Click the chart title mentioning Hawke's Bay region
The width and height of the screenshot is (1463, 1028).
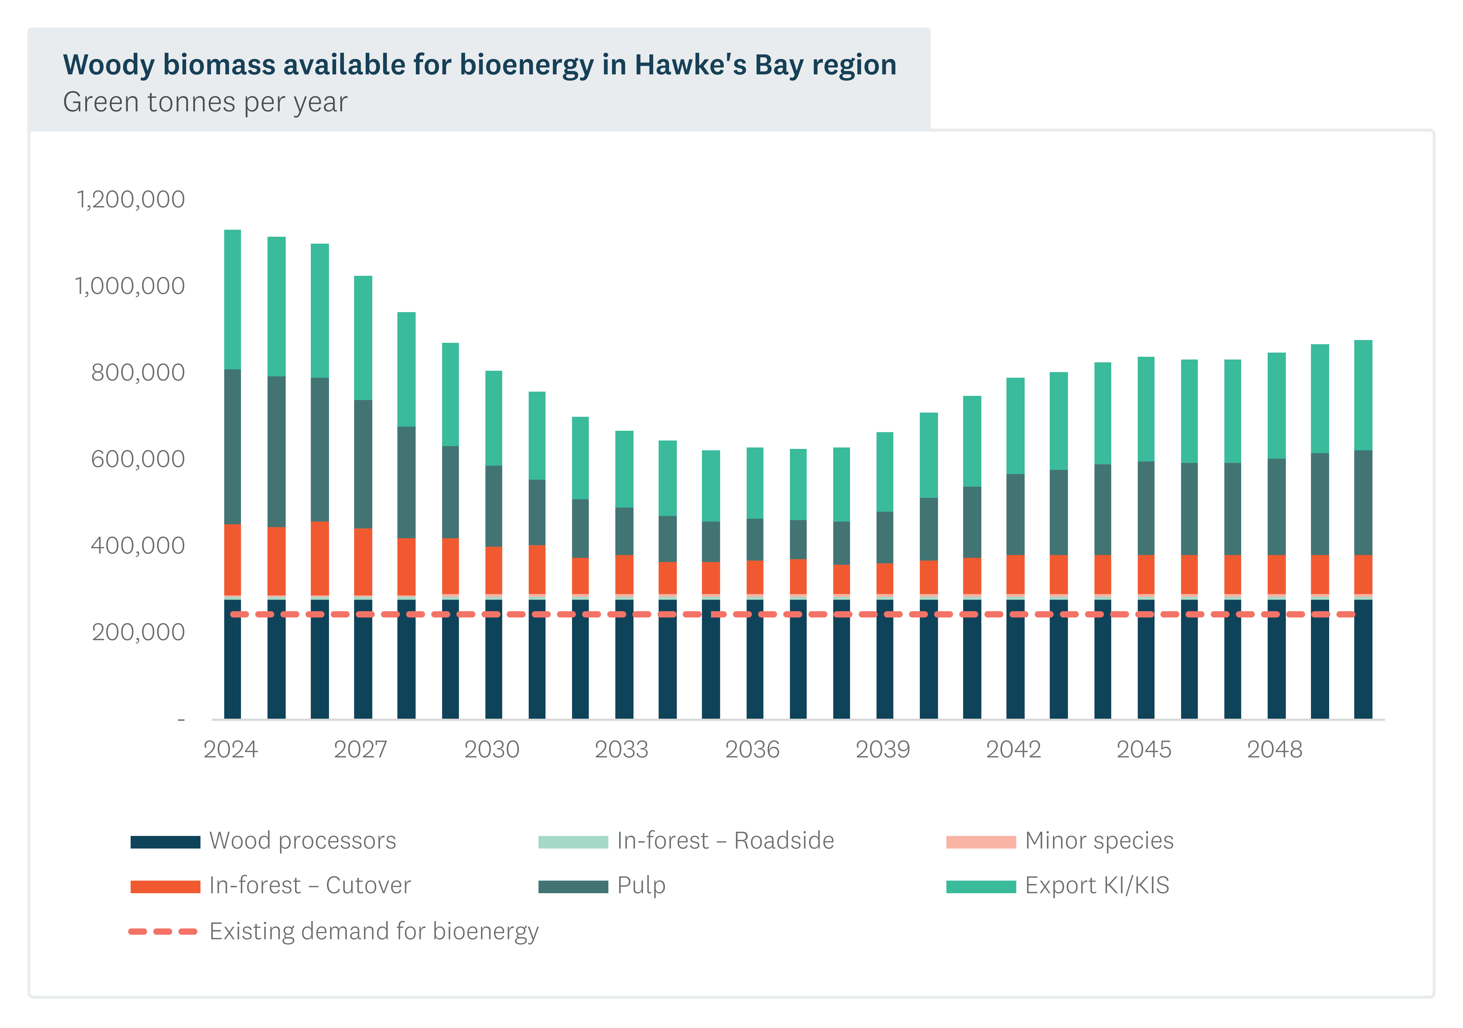[479, 65]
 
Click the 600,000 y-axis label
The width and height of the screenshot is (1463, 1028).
[138, 459]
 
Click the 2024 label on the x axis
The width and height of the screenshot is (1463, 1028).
[231, 750]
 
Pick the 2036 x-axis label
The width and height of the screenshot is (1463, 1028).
[753, 750]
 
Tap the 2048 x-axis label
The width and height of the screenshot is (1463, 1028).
[1274, 750]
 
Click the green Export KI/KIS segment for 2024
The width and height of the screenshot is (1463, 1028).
[233, 299]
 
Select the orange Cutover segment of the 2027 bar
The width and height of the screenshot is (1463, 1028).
[363, 562]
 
